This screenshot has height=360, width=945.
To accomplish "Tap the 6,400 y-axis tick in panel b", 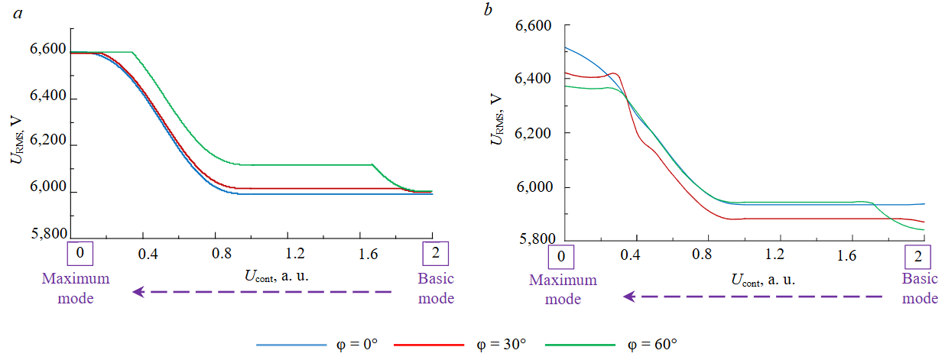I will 533,79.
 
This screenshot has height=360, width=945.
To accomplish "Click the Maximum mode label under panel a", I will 76,288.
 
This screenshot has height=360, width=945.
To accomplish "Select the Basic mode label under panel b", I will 920,288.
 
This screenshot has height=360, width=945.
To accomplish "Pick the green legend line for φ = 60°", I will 580,345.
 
